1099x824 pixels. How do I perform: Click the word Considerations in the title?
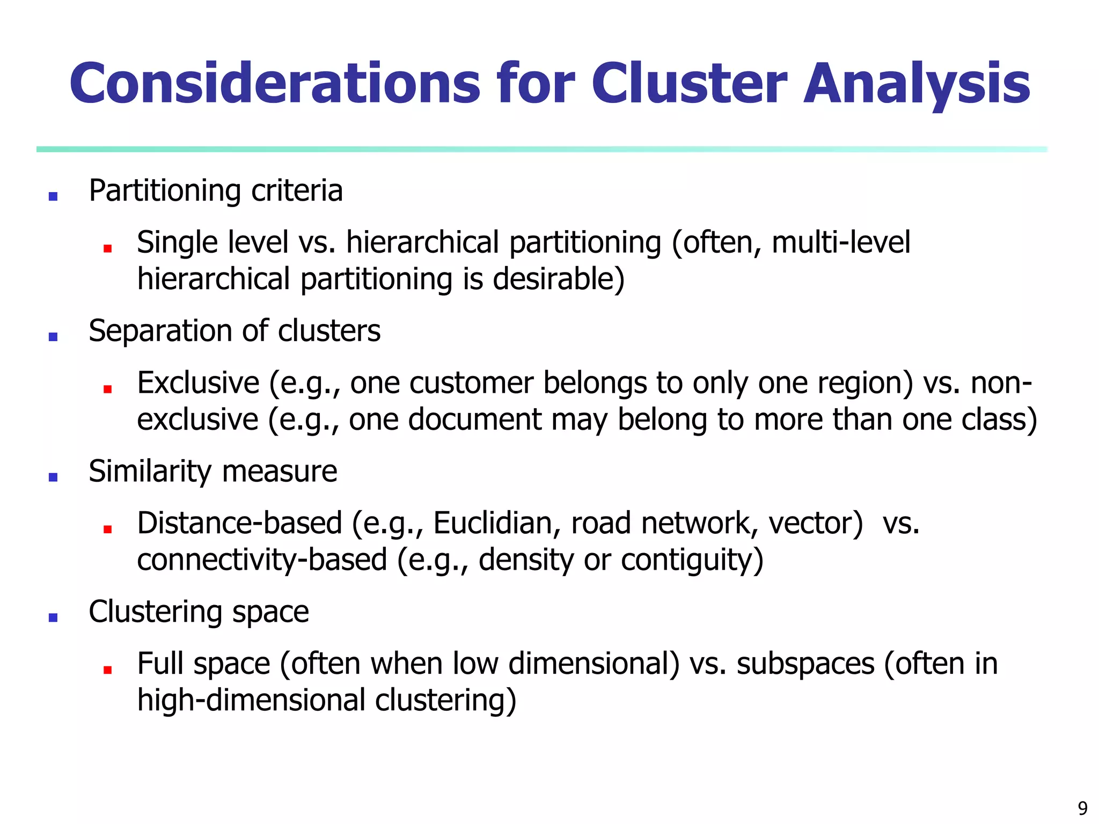point(274,84)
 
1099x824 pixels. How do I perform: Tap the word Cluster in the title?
point(689,84)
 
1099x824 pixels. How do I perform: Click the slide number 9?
point(1082,808)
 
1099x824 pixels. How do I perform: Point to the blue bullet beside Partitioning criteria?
point(53,196)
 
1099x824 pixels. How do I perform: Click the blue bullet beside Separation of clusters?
point(53,337)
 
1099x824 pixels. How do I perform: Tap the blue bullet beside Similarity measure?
point(53,477)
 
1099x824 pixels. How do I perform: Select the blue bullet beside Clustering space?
point(53,617)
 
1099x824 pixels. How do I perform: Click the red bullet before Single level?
point(107,248)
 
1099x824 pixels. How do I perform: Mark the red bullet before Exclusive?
point(107,389)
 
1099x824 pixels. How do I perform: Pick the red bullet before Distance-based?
point(107,529)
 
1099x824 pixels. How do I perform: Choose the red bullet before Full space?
point(107,669)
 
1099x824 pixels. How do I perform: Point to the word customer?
point(471,383)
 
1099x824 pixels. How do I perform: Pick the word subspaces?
point(805,664)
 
